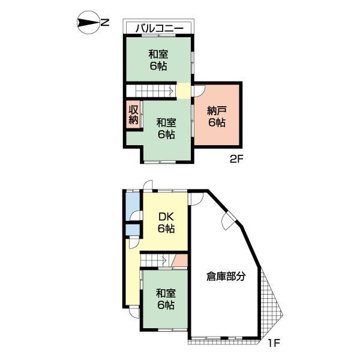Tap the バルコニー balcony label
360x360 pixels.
tap(160, 28)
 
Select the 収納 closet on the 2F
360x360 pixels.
tap(133, 115)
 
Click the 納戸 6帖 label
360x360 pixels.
tap(217, 117)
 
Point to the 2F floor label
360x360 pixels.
tap(236, 159)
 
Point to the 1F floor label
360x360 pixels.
tap(274, 343)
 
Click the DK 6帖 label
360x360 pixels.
tap(166, 223)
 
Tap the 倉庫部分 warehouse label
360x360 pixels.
tap(226, 276)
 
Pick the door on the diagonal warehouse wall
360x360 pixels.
tap(229, 220)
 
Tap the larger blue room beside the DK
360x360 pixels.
tap(133, 206)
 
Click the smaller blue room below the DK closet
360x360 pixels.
tap(133, 230)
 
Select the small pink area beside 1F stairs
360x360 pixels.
tap(180, 260)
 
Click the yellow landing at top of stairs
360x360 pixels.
tap(184, 91)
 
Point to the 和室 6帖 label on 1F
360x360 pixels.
tap(166, 299)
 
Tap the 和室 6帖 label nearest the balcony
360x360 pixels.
tap(158, 61)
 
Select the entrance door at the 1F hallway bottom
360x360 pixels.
tap(134, 312)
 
